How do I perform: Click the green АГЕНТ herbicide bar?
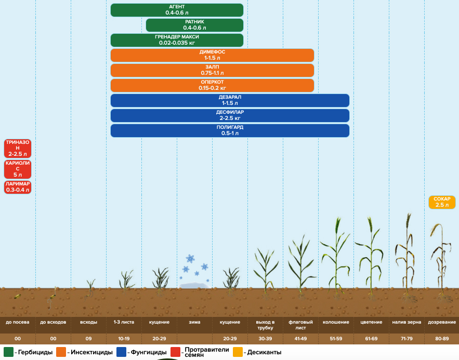click(x=177, y=10)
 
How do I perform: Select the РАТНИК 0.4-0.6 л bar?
click(x=194, y=25)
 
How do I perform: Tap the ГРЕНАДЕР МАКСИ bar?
click(x=177, y=40)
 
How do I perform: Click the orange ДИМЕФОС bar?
click(x=212, y=55)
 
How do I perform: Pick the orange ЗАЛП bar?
click(x=212, y=70)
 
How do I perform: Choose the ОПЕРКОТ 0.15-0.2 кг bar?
click(x=212, y=85)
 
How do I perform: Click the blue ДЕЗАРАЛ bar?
click(x=230, y=100)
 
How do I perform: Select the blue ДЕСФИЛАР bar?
click(x=230, y=115)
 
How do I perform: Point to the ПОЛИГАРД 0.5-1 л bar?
click(x=230, y=130)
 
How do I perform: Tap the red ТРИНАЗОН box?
click(x=18, y=148)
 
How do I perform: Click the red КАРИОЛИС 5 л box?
click(x=18, y=169)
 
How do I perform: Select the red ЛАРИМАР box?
click(x=18, y=187)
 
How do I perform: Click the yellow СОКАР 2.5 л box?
click(x=442, y=202)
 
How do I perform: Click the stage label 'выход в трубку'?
click(x=265, y=325)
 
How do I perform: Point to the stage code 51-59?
click(x=336, y=339)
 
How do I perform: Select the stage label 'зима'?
click(x=194, y=322)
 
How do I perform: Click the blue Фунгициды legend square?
click(x=122, y=352)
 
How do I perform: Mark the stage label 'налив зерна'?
click(x=406, y=322)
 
